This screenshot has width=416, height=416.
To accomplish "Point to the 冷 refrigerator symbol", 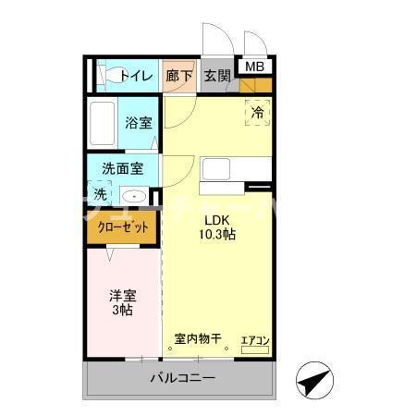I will pos(259,112).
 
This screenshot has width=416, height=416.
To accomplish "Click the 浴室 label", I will pos(140,123).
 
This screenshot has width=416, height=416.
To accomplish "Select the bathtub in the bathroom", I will pos(102,123).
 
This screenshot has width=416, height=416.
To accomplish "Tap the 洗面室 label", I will pos(122,169).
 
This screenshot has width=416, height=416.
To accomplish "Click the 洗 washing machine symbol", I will pos(100,195).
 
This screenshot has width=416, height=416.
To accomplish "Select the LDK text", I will pos(216,220).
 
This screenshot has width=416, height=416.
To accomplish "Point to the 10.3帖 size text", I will pos(216,235).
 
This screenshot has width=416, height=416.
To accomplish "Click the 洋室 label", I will pos(122,296).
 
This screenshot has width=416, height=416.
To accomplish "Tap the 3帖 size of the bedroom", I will pos(122,311).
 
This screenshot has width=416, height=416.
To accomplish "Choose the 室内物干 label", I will pos(198,338).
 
